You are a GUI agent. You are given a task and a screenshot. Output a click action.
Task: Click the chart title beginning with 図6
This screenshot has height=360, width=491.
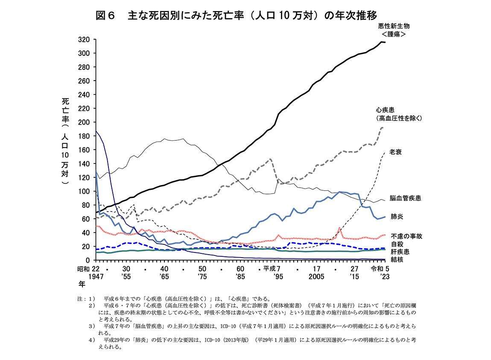coord(236,16)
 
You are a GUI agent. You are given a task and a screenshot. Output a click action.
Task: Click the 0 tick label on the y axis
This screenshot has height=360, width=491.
coord(87,260)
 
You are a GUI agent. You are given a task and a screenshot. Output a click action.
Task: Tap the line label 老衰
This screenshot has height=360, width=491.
coord(395,152)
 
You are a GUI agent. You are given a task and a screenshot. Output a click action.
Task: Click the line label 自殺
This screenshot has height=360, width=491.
coord(397,244)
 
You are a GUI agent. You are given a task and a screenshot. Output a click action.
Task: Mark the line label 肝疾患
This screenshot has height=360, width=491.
coord(400,252)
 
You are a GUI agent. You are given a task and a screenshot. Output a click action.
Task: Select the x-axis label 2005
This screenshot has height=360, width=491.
coord(316,276)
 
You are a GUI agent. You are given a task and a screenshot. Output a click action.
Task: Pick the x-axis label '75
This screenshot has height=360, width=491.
coord(202,276)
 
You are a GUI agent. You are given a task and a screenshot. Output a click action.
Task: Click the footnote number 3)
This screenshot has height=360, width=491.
coord(91,326)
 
